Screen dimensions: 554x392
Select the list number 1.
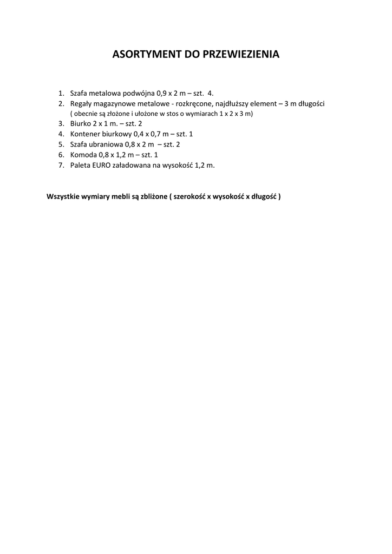pyautogui.click(x=61, y=93)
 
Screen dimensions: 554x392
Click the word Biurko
pyautogui.click(x=81, y=124)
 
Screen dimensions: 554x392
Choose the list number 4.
pyautogui.click(x=61, y=134)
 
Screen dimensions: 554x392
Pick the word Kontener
pyautogui.click(x=85, y=134)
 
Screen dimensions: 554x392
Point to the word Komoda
pyautogui.click(x=83, y=155)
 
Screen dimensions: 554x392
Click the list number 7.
pyautogui.click(x=61, y=165)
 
